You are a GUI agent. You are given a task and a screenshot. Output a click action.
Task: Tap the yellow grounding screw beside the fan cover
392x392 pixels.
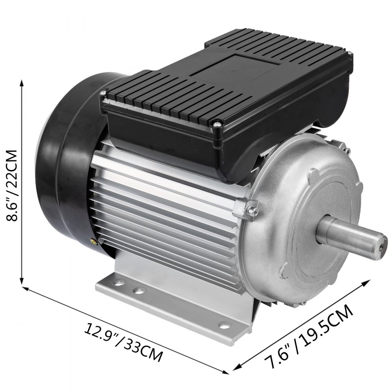point(93,242)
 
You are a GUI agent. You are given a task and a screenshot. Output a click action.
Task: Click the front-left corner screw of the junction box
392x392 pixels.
point(103,93)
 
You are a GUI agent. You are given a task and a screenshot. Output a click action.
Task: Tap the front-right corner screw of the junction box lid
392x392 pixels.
point(215,125)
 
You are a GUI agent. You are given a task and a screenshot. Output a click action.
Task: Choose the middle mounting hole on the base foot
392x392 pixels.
point(138,290)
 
